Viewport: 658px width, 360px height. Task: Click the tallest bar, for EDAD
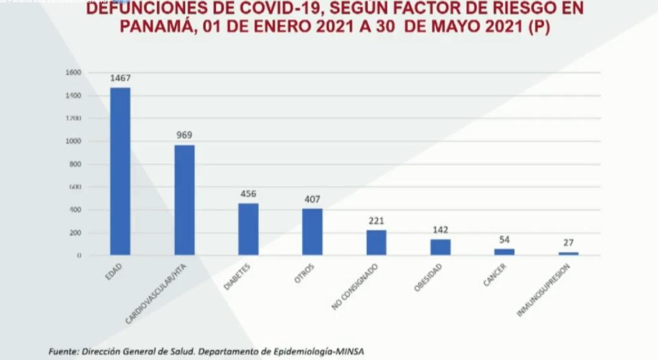[x=120, y=171]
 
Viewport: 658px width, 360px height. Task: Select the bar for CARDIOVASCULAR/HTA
[x=184, y=200]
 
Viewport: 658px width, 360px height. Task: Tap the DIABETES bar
[x=248, y=229]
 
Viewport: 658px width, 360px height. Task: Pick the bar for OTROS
[x=312, y=232]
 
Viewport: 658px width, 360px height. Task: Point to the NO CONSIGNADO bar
[x=376, y=242]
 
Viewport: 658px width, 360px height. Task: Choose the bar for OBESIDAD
[x=440, y=247]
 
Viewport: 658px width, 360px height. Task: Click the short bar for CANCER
[x=504, y=252]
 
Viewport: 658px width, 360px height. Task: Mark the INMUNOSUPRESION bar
[x=568, y=253]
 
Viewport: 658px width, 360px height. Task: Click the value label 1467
[x=120, y=78]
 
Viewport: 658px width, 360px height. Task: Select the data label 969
[x=184, y=135]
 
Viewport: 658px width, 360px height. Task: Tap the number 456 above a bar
[x=248, y=194]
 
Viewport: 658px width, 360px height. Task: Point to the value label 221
[x=376, y=221]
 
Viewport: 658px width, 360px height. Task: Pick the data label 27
[x=568, y=243]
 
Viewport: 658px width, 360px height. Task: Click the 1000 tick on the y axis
[x=74, y=142]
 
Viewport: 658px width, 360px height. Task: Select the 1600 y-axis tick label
[x=74, y=72]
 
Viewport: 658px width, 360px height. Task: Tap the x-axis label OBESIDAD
[x=428, y=277]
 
